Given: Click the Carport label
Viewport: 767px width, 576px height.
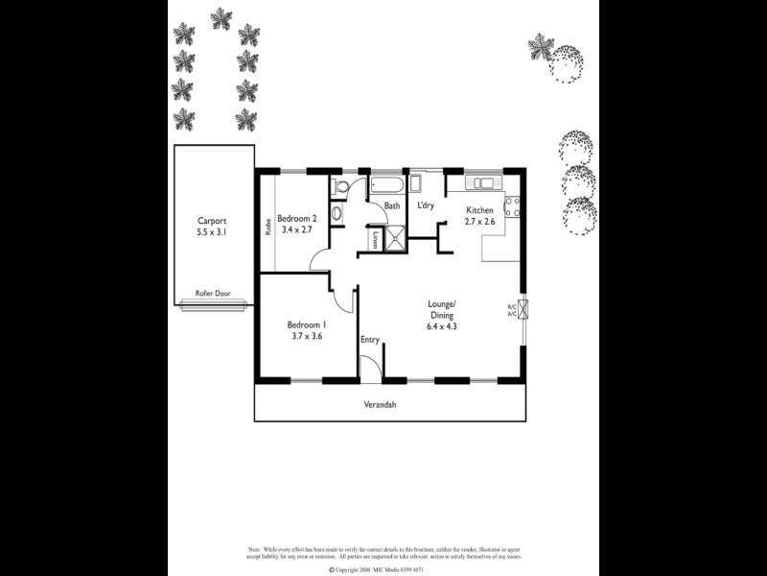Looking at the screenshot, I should click(x=212, y=219).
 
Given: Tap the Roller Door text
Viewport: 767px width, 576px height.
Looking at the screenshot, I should click(x=211, y=293).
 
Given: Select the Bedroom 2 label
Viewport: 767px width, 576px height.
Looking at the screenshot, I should click(x=296, y=218).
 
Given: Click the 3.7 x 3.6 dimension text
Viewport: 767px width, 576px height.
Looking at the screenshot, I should click(x=307, y=336).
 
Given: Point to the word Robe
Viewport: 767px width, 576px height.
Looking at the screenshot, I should click(x=267, y=228).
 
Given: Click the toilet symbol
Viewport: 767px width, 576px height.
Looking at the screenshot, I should click(x=337, y=214).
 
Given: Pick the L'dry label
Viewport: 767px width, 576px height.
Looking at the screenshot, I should click(x=427, y=205).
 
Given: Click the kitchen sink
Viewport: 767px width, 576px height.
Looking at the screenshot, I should click(x=481, y=182).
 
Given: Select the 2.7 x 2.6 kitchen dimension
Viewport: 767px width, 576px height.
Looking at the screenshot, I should click(x=480, y=223).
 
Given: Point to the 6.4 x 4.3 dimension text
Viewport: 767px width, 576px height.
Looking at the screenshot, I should click(x=442, y=325).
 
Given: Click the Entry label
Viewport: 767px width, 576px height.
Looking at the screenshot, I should click(x=370, y=340).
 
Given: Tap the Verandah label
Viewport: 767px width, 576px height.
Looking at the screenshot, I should click(x=380, y=404).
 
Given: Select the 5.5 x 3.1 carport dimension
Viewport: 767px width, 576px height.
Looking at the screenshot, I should click(x=212, y=231).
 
